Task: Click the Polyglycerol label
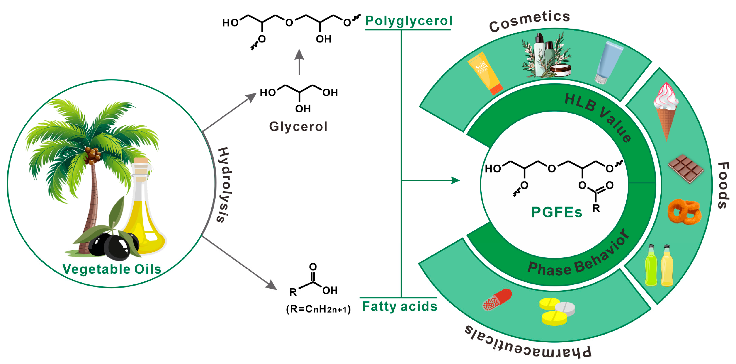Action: [x=408, y=21]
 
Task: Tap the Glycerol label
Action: [x=298, y=126]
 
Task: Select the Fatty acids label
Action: [x=399, y=306]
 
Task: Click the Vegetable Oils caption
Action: [x=112, y=269]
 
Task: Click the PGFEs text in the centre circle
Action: [x=556, y=212]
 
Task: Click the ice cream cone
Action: [x=666, y=110]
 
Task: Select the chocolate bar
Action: [x=686, y=169]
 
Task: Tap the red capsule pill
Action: [x=497, y=299]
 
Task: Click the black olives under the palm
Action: [x=114, y=246]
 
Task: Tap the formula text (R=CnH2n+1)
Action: [x=318, y=309]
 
